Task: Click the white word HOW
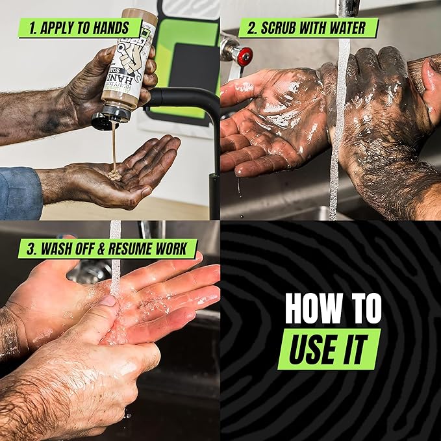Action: (x=310, y=310)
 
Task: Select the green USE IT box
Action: (x=330, y=349)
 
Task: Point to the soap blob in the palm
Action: (x=114, y=174)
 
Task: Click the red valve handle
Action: (x=245, y=57)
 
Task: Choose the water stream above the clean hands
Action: (x=115, y=260)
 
